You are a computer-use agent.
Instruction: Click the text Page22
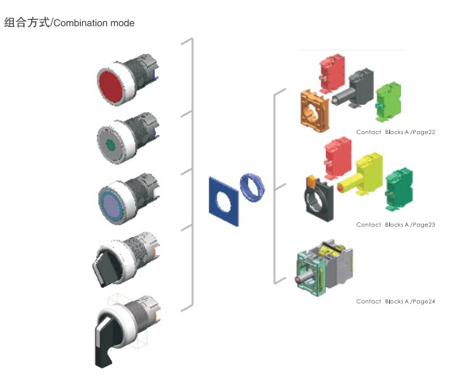(423, 133)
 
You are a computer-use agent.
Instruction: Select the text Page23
(423, 224)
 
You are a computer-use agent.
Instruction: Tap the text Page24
(423, 301)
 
